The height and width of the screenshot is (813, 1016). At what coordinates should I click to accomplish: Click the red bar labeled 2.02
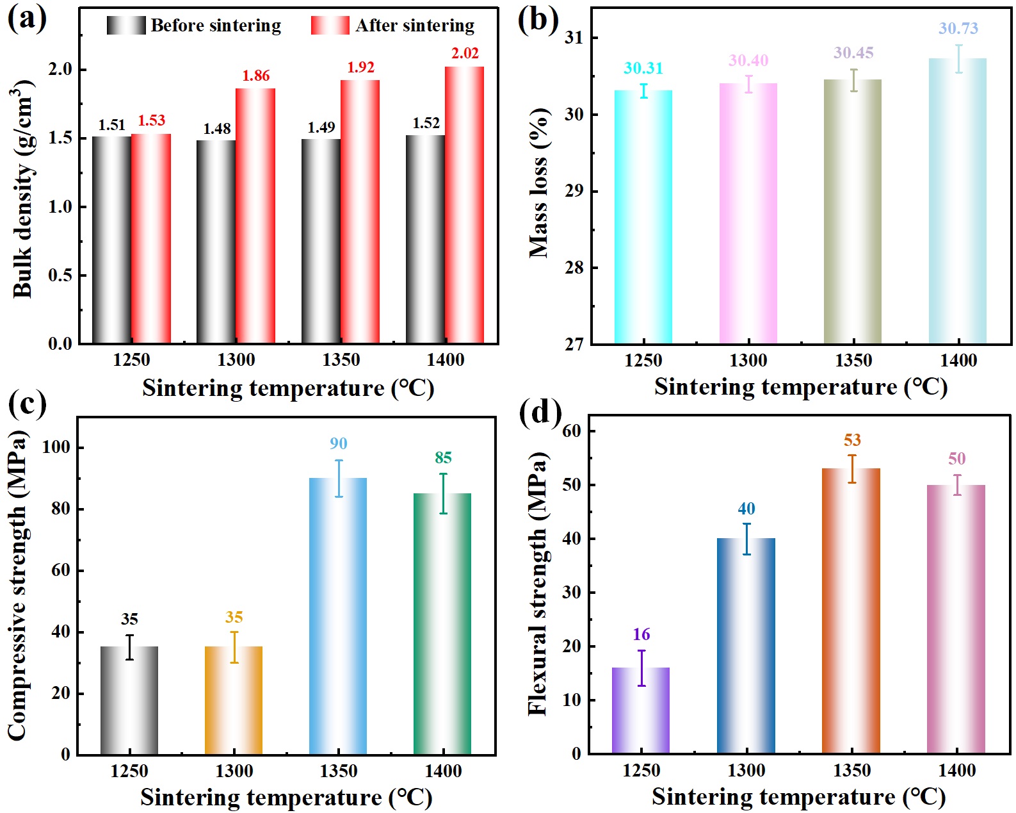pos(464,205)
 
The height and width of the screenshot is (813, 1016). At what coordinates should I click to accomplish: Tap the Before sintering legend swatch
pos(126,26)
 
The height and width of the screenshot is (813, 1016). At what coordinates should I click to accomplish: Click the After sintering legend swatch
pos(330,26)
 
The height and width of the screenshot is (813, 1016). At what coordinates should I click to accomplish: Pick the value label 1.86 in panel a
pos(255,76)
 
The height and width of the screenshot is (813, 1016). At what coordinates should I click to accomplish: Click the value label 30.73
pos(958,28)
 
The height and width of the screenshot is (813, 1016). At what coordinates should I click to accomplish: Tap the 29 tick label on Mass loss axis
pos(574,191)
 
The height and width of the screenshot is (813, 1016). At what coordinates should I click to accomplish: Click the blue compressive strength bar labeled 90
pos(338,616)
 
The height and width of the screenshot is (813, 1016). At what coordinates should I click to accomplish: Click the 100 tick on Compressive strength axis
pos(56,447)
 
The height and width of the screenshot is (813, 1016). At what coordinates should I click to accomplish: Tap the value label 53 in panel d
pos(852,440)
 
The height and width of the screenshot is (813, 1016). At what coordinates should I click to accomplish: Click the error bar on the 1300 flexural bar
pos(746,538)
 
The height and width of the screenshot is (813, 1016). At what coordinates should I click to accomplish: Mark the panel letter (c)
pos(27,404)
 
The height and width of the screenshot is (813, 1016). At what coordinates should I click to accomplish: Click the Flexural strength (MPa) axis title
pos(538,583)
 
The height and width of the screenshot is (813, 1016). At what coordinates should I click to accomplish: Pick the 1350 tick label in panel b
pos(853,360)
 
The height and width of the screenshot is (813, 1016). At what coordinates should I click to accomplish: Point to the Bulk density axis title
pos(23,189)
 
